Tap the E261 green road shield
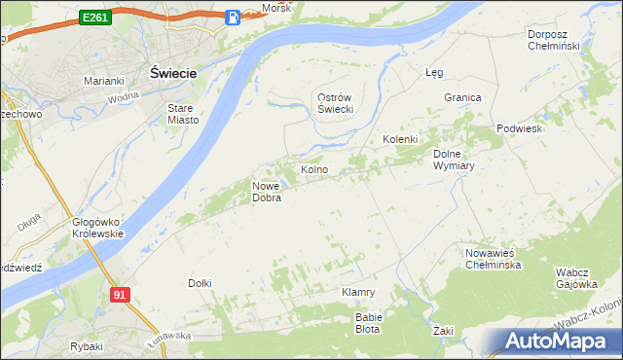94,18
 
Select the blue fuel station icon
233,18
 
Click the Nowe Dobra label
267,192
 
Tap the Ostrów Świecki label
335,103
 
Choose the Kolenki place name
399,140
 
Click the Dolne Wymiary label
453,160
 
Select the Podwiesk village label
518,128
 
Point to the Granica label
463,98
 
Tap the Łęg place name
434,72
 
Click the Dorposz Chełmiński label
553,40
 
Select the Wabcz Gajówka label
576,278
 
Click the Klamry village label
358,292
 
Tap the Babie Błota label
368,322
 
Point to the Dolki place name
200,283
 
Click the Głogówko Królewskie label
97,228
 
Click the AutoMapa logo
561,342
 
